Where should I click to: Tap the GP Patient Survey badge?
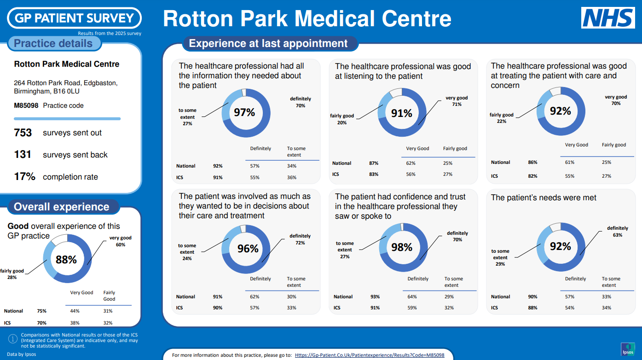point(74,18)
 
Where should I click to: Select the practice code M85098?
point(26,105)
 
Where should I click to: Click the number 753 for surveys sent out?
point(23,133)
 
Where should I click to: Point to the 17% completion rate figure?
point(24,177)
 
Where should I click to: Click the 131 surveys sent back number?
point(23,155)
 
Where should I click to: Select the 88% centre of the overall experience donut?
point(66,260)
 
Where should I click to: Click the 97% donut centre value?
point(245,112)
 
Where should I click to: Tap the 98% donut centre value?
point(402,248)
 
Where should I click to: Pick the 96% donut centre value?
point(248,249)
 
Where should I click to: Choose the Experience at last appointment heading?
point(268,44)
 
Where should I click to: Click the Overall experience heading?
point(62,207)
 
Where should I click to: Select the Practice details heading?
point(53,44)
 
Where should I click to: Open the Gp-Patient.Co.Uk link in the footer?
point(370,355)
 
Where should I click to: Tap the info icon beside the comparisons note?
point(13,339)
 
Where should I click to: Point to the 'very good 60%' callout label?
point(121,241)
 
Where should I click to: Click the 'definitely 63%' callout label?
point(617,231)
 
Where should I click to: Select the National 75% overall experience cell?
point(41,311)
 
